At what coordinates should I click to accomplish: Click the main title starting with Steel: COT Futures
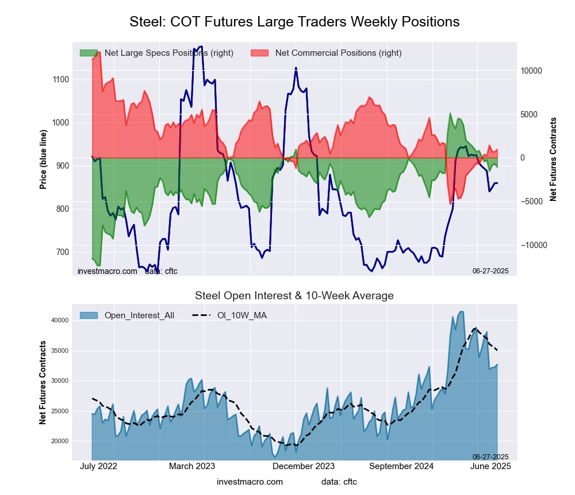[x=294, y=22]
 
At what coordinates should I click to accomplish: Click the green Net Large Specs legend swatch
[x=89, y=53]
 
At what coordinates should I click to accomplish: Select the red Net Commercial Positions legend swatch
[x=259, y=53]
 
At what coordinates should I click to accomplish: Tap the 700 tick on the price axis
[x=61, y=252]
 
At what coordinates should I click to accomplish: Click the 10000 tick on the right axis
[x=532, y=71]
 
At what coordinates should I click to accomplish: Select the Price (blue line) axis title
[x=43, y=157]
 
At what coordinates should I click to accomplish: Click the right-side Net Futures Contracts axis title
[x=553, y=159]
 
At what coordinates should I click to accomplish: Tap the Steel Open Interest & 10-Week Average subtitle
[x=294, y=296]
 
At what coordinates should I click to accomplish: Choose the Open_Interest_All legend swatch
[x=89, y=315]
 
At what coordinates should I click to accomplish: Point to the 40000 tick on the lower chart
[x=60, y=320]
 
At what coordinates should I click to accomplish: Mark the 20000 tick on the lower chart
[x=60, y=441]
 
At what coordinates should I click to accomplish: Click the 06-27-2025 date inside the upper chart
[x=490, y=271]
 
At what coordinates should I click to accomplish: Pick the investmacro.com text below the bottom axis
[x=250, y=481]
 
